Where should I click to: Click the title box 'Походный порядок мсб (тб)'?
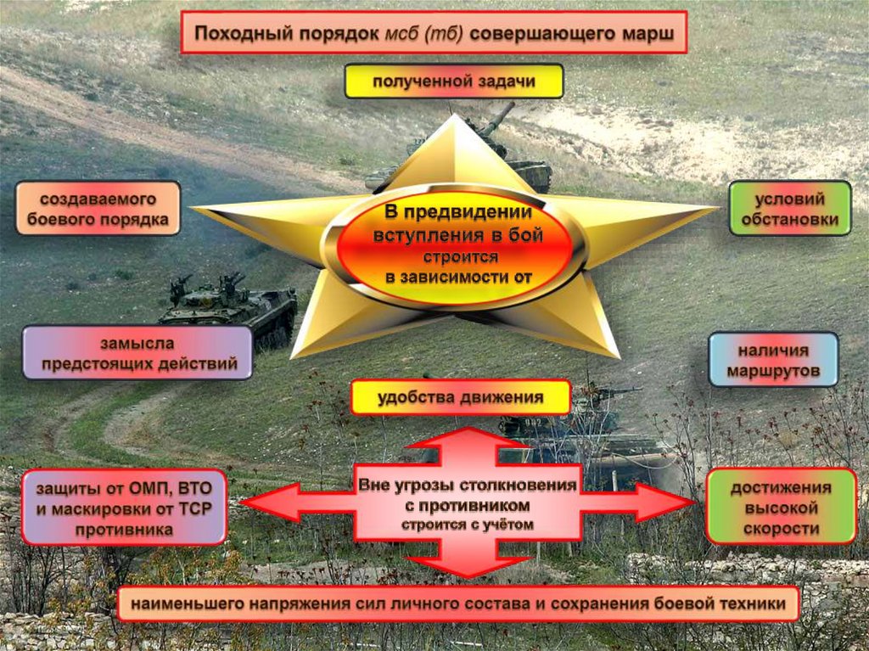tap(433, 33)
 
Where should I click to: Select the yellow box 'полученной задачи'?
tap(453, 82)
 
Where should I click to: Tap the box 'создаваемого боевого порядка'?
tap(98, 209)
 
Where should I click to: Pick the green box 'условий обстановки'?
tap(789, 209)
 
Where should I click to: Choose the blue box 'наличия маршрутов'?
tap(773, 360)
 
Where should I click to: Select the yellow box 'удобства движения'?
tap(460, 397)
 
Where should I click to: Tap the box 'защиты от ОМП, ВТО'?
tap(124, 507)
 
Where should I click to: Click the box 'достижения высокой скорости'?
tap(781, 507)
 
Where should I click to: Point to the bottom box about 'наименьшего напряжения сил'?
tap(458, 604)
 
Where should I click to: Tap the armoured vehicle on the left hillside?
tap(228, 305)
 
